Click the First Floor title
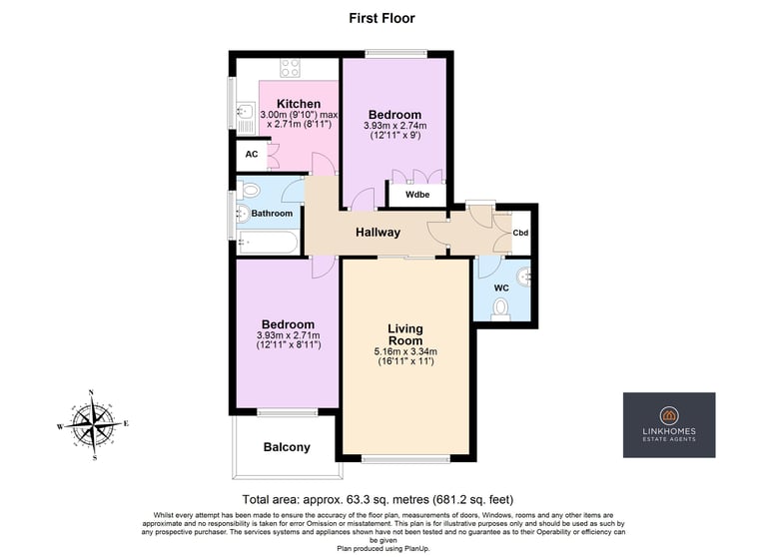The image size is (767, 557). (382, 18)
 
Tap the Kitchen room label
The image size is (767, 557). (299, 104)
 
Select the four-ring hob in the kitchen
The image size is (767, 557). (290, 68)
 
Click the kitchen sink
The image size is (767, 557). (246, 118)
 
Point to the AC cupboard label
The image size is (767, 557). (252, 155)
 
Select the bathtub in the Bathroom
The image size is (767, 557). (268, 243)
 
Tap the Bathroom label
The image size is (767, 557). (272, 214)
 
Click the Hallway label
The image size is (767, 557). (378, 233)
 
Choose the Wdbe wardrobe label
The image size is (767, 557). (417, 195)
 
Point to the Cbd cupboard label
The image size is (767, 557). (520, 233)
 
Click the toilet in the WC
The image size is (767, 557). (500, 310)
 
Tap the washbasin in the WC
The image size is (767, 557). (524, 278)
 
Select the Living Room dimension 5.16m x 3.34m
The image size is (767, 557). (405, 351)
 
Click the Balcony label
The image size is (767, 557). (287, 447)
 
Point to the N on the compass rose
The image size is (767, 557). (91, 392)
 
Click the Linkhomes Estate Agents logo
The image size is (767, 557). (669, 425)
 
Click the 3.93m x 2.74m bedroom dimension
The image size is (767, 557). (394, 126)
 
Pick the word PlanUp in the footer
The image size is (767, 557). (416, 549)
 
